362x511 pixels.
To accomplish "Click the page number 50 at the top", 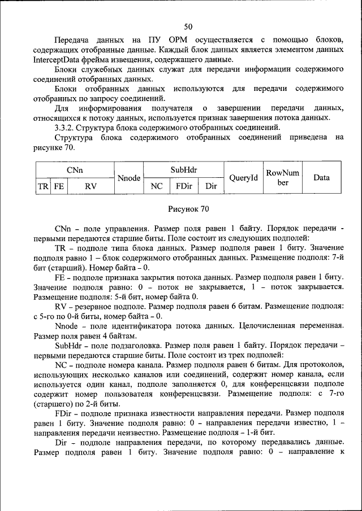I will click(x=188, y=26).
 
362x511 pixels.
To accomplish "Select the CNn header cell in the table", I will click(x=75, y=169).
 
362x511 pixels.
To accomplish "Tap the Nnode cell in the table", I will click(x=128, y=178).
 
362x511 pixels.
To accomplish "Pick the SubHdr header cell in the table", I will click(x=183, y=169).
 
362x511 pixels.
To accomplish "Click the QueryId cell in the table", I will click(x=243, y=178).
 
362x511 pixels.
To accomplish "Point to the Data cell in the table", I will click(x=321, y=178).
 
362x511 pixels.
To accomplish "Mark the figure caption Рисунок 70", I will click(x=188, y=209).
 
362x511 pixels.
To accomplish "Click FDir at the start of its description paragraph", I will click(x=64, y=413).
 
